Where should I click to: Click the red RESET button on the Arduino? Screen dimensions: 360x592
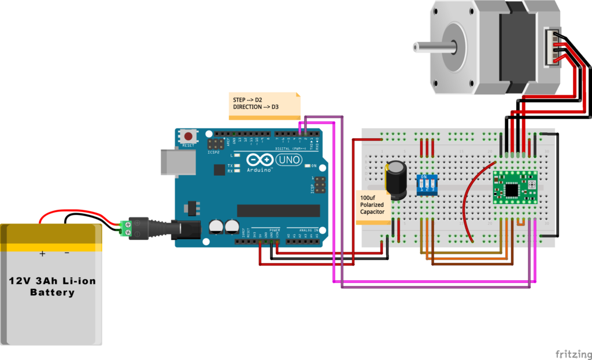(188, 137)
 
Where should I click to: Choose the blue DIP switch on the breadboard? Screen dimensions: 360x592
(427, 185)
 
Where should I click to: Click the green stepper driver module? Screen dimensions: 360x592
(515, 187)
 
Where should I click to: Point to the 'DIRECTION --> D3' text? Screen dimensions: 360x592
(256, 107)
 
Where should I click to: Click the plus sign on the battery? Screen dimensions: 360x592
(42, 253)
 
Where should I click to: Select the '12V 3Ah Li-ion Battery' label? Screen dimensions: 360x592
(52, 287)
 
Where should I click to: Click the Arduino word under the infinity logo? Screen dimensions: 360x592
(260, 170)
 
